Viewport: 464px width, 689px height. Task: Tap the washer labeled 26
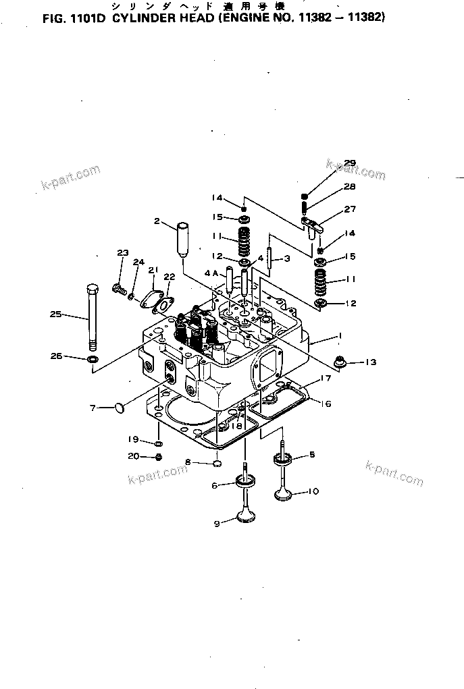click(x=92, y=356)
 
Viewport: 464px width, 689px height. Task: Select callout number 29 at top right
click(x=349, y=163)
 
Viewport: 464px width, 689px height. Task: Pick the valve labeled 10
click(x=284, y=491)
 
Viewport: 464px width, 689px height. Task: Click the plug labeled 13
click(x=342, y=362)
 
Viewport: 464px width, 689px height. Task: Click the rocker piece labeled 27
click(x=313, y=220)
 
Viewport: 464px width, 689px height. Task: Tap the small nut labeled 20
click(x=159, y=457)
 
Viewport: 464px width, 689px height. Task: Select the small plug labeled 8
click(x=217, y=463)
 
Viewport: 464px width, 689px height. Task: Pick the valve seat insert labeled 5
click(x=283, y=459)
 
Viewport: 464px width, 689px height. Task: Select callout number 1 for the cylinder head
click(x=340, y=335)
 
